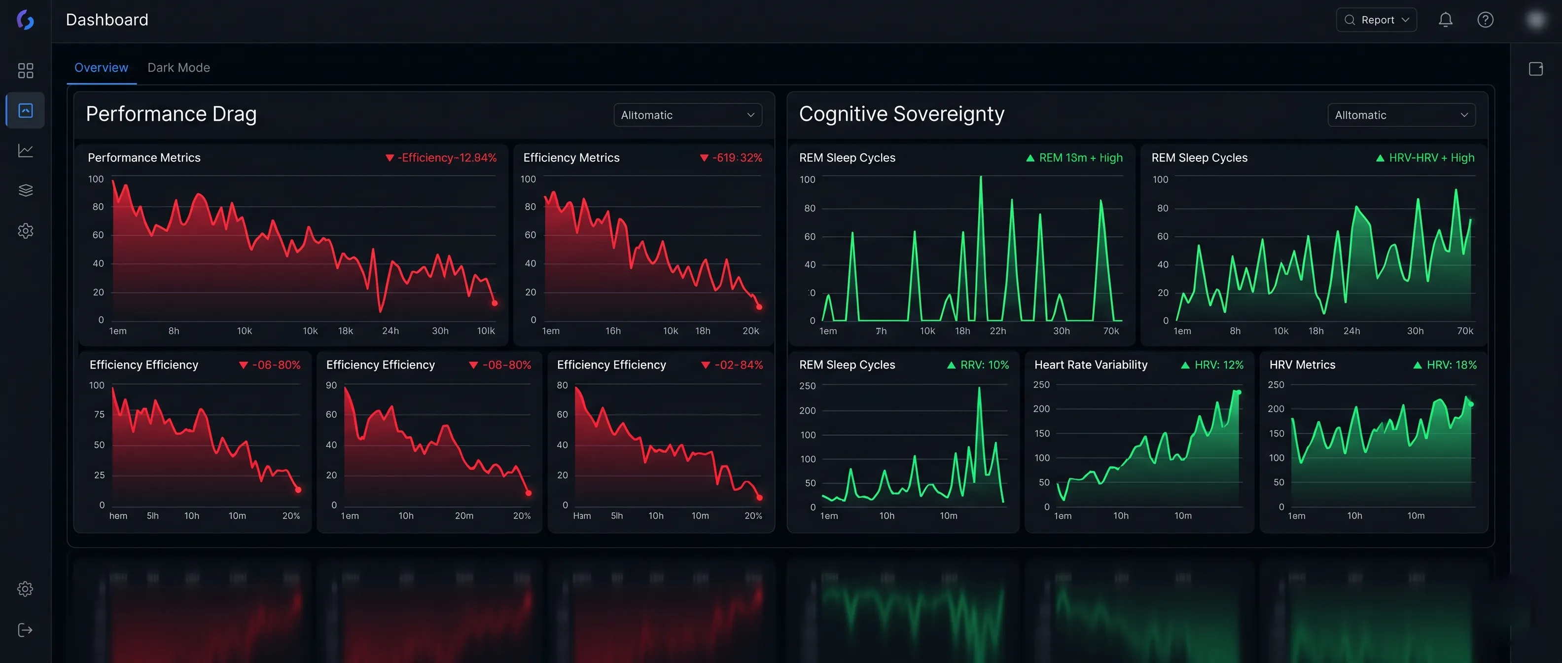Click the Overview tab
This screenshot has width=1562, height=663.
click(x=101, y=67)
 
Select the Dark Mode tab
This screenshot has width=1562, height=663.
click(x=178, y=67)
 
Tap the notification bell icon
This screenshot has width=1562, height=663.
click(x=1445, y=20)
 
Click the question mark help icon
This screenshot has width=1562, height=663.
click(x=1485, y=20)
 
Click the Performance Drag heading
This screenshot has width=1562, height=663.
click(x=171, y=114)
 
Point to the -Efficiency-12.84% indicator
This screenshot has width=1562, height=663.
click(x=441, y=158)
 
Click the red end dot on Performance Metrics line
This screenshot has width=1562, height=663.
click(x=495, y=303)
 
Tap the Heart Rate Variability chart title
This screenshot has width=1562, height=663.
click(x=1090, y=365)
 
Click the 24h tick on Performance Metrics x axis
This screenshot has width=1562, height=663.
click(x=390, y=331)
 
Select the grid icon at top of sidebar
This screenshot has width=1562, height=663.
click(x=26, y=71)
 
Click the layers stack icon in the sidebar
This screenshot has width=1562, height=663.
click(x=26, y=190)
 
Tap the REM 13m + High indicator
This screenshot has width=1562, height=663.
click(x=1074, y=158)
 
